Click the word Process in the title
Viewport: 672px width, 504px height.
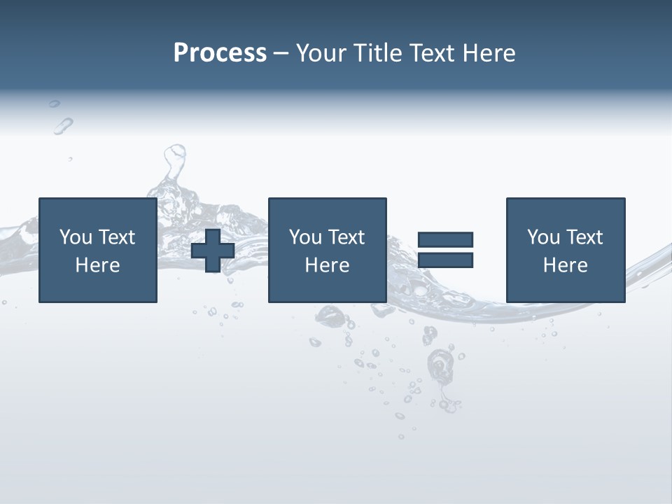tap(220, 53)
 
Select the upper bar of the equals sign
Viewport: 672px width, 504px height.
tap(445, 239)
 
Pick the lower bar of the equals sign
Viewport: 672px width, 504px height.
tap(445, 260)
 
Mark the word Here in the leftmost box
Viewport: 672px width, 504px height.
tap(98, 265)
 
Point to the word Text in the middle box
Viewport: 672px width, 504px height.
tap(346, 237)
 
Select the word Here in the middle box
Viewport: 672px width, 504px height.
tap(327, 265)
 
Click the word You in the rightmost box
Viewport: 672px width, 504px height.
tap(544, 237)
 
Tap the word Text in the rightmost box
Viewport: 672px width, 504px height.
tap(584, 237)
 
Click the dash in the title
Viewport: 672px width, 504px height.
tap(281, 53)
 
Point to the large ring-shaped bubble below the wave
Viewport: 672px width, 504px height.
tap(440, 364)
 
